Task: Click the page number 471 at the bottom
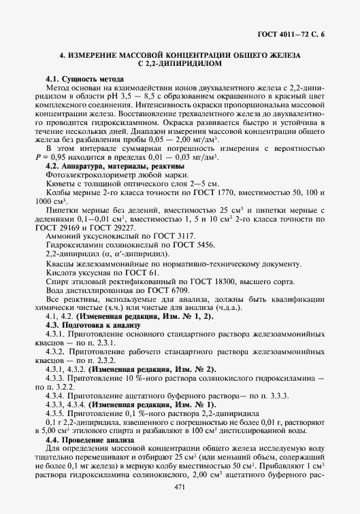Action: click(180, 488)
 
